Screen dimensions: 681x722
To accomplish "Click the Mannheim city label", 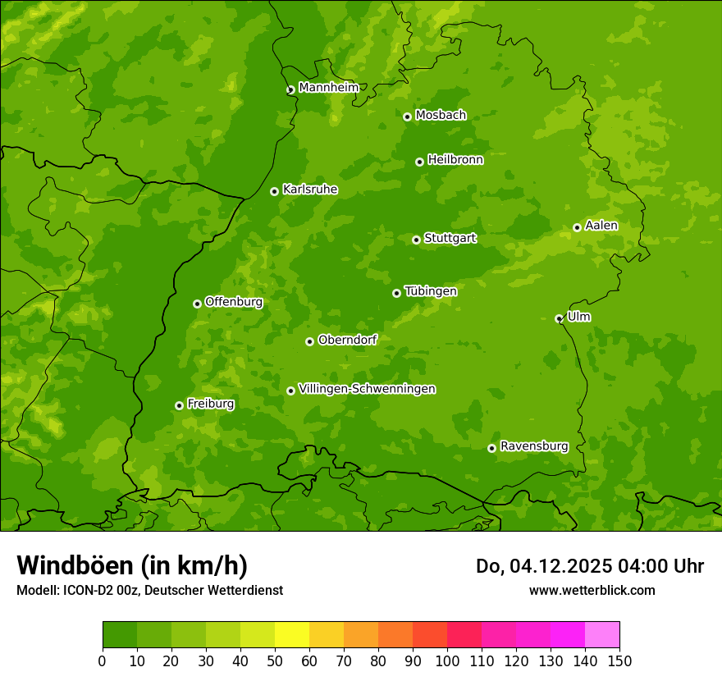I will (x=328, y=88).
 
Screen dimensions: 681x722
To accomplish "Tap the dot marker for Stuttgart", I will (x=416, y=240).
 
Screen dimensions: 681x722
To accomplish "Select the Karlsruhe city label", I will (x=309, y=190).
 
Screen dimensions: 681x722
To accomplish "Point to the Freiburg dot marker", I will (x=179, y=405).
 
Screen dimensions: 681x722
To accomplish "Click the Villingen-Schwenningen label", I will (x=367, y=389).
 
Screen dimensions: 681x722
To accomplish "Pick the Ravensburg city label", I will (x=533, y=446).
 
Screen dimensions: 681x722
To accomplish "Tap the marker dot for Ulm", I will (x=559, y=318).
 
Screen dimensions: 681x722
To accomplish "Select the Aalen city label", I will (x=601, y=226).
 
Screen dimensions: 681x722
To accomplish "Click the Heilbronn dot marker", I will (x=419, y=162).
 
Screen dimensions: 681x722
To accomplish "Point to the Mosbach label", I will (x=440, y=116).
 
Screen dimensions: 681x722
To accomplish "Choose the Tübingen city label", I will (x=430, y=291).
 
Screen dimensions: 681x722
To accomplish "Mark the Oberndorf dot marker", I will (x=309, y=341).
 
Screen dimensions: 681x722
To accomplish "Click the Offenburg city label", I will (x=233, y=302).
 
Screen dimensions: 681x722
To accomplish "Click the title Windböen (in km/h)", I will (x=132, y=565).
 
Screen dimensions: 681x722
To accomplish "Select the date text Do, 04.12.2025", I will (x=543, y=566).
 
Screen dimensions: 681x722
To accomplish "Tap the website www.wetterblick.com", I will (x=592, y=590).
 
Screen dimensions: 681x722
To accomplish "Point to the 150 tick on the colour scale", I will (x=619, y=661).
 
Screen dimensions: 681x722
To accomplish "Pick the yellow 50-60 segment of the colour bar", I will (x=292, y=634).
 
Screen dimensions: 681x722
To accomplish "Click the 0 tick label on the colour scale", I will (x=103, y=661).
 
